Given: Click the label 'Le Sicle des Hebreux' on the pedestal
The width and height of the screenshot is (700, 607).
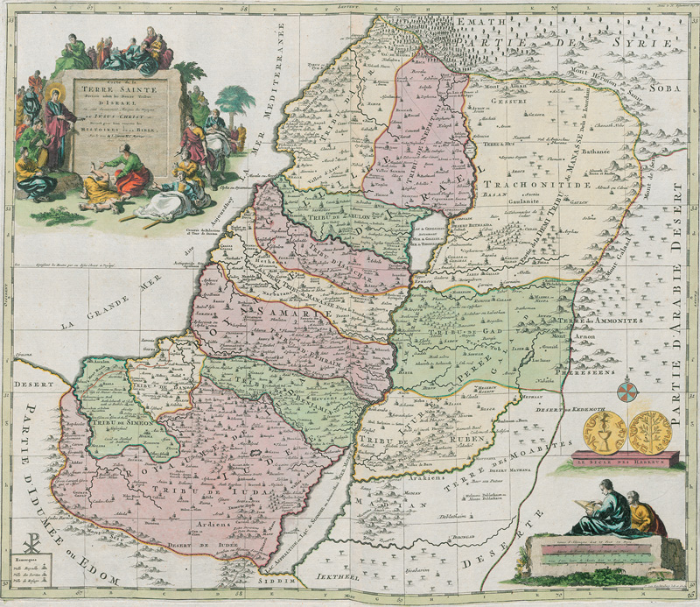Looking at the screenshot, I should [x=625, y=460].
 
